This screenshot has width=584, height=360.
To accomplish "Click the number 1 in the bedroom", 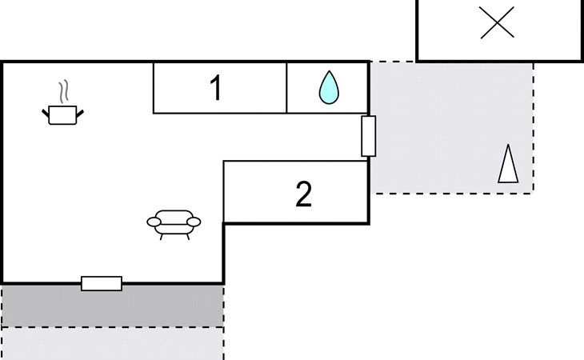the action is click(x=216, y=87).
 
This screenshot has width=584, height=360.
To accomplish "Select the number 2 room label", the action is click(x=304, y=194).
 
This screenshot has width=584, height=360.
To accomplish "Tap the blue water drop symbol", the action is click(x=329, y=87).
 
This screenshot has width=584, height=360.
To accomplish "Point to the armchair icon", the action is click(x=174, y=225).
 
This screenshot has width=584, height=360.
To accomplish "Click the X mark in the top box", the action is click(x=498, y=22).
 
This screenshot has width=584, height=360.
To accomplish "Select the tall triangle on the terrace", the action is click(x=508, y=164).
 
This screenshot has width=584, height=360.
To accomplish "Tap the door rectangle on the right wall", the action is click(x=368, y=136).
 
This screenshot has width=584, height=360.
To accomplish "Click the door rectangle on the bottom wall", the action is click(x=102, y=283).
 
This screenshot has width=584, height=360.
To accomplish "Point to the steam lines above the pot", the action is click(x=64, y=91).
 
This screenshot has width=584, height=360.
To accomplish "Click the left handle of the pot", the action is click(x=46, y=114).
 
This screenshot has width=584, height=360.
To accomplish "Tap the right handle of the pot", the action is click(x=80, y=113).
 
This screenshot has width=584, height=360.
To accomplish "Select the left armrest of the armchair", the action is click(x=154, y=222).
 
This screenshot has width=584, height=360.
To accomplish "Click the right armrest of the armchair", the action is click(x=194, y=222).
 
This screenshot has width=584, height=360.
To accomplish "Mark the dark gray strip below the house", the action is click(x=113, y=306).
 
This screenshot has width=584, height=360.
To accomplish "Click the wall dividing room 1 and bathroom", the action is click(x=286, y=87).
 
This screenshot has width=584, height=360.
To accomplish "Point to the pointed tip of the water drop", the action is click(x=329, y=70).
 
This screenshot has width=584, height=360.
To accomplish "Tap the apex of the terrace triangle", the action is click(x=508, y=145).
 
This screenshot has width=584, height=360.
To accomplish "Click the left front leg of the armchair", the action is click(x=162, y=237).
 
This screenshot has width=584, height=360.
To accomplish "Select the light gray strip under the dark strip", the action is click(x=113, y=344).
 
